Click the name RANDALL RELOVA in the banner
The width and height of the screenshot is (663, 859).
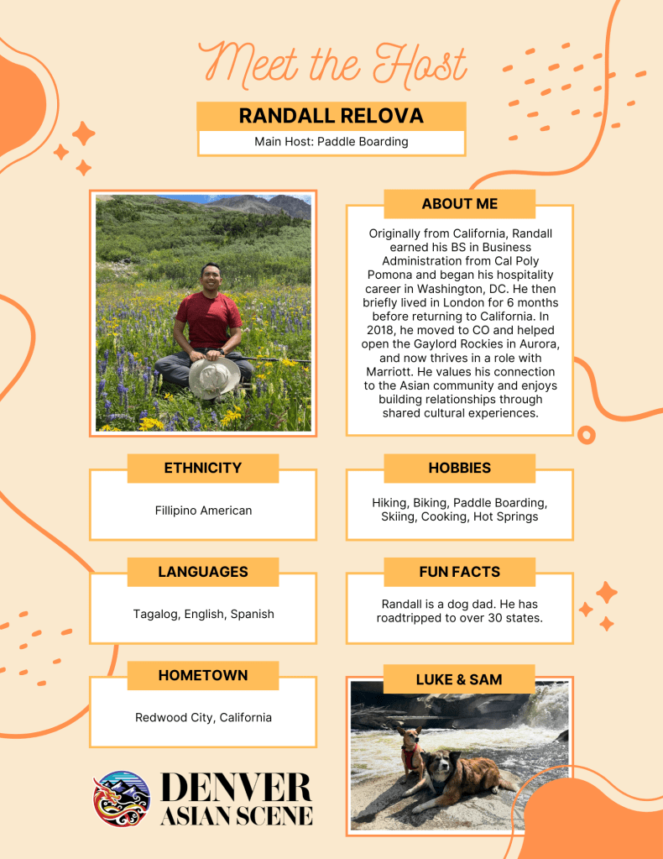[331, 116]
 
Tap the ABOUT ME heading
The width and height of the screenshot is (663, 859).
[459, 204]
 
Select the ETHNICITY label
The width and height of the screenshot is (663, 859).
[202, 469]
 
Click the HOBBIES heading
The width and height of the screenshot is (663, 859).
[459, 469]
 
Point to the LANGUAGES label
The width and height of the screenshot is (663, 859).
[202, 572]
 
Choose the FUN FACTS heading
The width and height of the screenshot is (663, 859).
[459, 572]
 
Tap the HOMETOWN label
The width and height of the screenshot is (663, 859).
[202, 675]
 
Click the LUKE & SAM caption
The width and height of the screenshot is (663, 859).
[459, 679]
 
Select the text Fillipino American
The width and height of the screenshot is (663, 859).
[203, 510]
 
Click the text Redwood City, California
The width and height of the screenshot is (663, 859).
[203, 717]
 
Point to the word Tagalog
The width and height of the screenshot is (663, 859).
[155, 614]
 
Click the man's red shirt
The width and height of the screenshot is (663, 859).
[208, 319]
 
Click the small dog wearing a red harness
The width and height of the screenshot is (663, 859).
[411, 752]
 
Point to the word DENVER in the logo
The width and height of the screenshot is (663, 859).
[235, 787]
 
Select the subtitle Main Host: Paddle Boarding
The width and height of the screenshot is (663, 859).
[331, 142]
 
